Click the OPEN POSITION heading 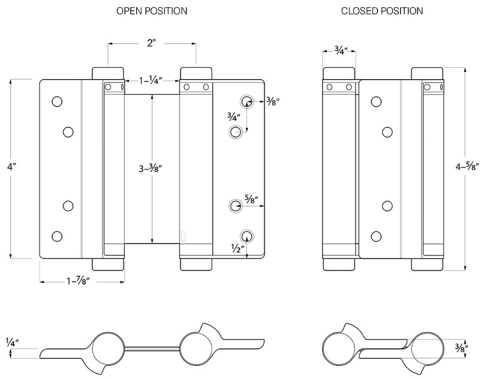tap(152, 11)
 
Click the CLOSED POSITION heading tap(382, 11)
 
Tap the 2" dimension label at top tap(151, 44)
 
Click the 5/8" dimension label tap(252, 200)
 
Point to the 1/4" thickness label tap(11, 342)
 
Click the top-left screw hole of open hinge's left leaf tap(57, 101)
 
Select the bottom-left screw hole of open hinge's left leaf tap(57, 236)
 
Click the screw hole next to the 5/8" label tap(235, 206)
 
